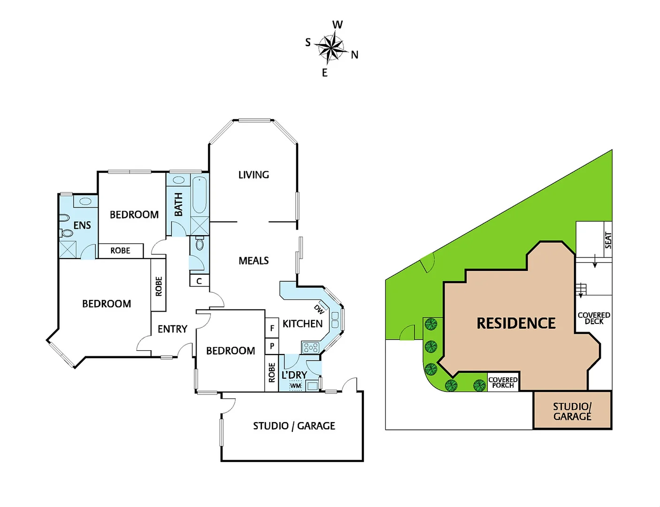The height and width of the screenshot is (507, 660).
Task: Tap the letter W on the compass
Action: pos(338,24)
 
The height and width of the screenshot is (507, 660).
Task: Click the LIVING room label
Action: pos(253,175)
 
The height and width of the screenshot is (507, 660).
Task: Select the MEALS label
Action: pos(253,261)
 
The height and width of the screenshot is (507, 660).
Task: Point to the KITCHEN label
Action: pos(302,323)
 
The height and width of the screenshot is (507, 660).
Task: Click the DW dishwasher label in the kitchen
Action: pos(319,309)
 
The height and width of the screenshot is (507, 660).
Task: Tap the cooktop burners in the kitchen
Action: pos(310,348)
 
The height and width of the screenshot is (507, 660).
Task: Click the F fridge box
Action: pos(272,328)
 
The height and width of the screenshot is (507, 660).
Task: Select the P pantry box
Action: pos(272,346)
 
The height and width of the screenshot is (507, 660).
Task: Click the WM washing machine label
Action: pos(295,386)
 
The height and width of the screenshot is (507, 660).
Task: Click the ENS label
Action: pos(82,225)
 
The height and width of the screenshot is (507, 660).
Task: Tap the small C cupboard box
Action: pos(199,281)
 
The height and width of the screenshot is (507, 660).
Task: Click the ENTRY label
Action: pos(172,329)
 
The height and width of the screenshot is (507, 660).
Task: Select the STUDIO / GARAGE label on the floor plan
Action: pos(294,426)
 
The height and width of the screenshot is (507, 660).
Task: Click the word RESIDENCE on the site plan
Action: pos(516,323)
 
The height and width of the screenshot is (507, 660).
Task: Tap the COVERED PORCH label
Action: pos(503,383)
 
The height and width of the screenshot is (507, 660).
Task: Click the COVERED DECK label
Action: pos(594,318)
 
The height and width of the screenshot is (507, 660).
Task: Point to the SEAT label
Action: pos(608,240)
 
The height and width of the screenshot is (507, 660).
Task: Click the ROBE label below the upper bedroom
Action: pos(120,251)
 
